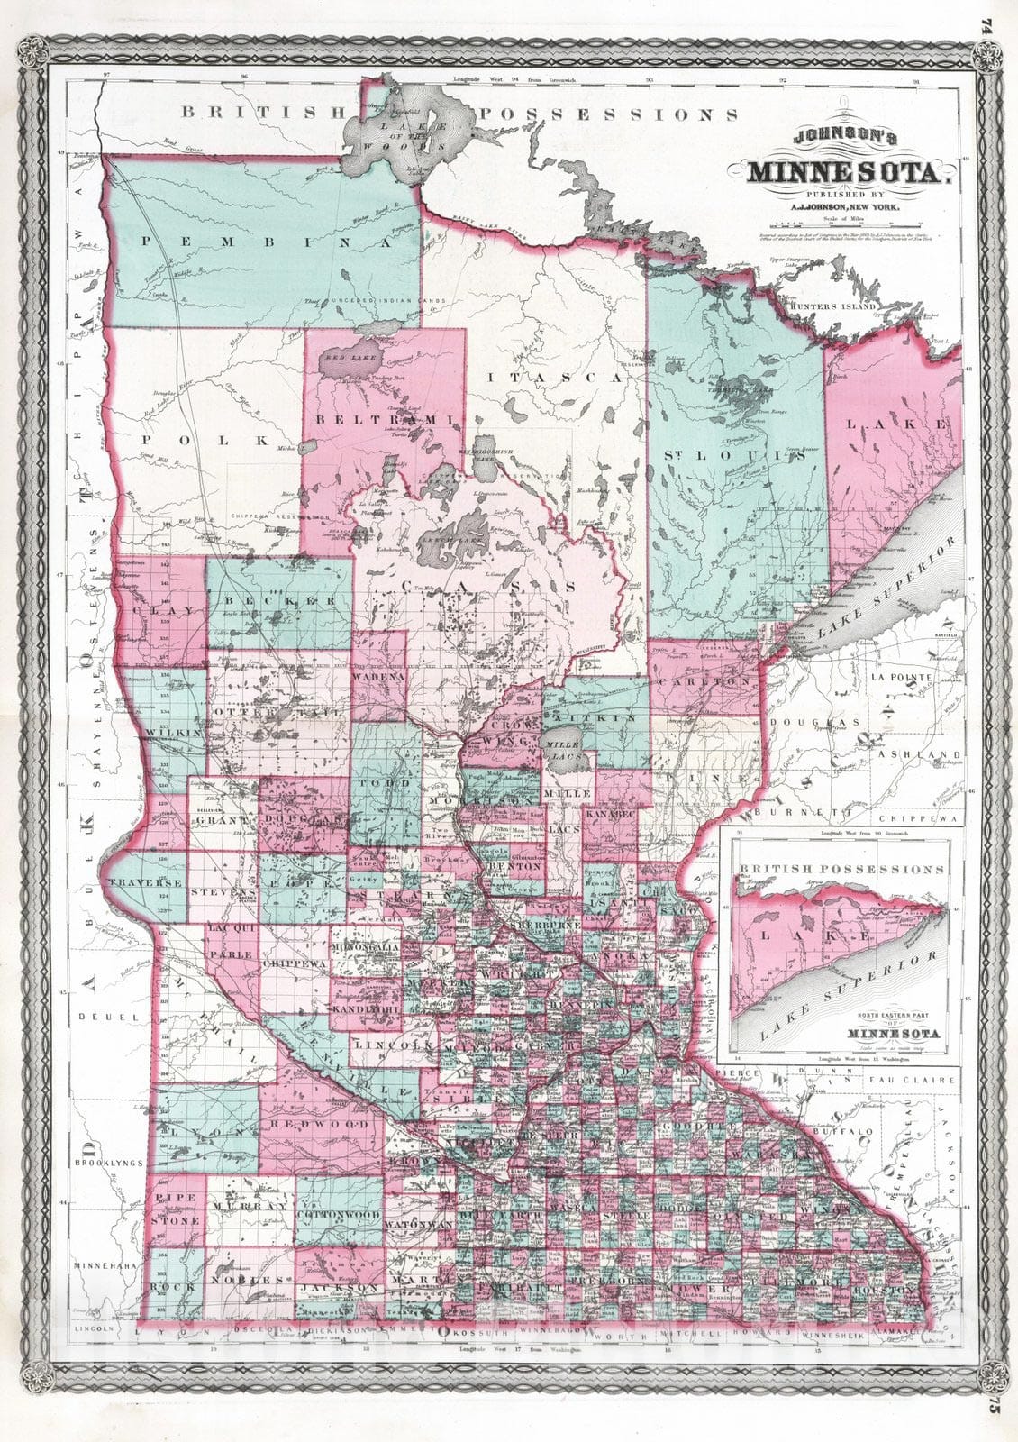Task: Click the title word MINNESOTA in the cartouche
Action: click(843, 169)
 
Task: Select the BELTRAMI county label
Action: click(383, 420)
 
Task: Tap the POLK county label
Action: click(207, 441)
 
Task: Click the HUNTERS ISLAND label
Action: click(832, 306)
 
